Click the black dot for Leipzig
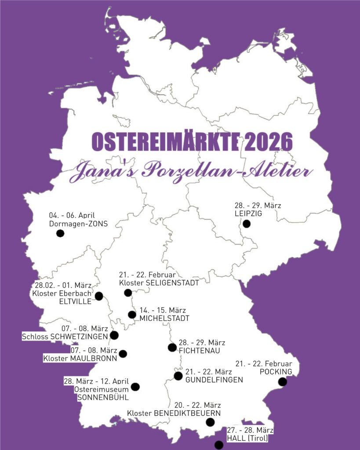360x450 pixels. pos(247,224)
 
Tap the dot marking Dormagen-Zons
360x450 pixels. pos(60,233)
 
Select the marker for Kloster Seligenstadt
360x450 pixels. pos(128,293)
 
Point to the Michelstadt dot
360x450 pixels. pos(132,314)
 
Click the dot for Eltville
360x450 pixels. pos(99,296)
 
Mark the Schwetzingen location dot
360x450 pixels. pos(114,335)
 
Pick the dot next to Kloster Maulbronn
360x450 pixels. pos(123,353)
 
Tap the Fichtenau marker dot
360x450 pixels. pos(172,348)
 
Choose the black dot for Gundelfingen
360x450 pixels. pos(178,376)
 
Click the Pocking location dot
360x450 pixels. pos(283,382)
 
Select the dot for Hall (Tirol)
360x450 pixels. pos(219,445)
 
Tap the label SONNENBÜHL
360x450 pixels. pos(103,398)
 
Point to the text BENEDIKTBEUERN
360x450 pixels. pos(187,413)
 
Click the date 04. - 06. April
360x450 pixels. pos(72,215)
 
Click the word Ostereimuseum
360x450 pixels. pos(102,389)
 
